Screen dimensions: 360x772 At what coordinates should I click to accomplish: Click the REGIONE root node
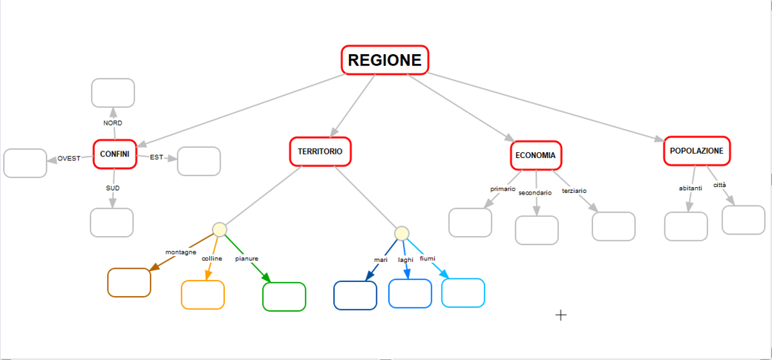pos(385,60)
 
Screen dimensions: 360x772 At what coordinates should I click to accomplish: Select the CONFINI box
pos(115,154)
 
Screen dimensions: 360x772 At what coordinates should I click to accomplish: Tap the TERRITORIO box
pos(320,151)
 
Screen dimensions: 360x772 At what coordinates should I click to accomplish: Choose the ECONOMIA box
pos(535,155)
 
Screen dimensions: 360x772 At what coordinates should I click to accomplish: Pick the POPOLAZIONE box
pos(696,151)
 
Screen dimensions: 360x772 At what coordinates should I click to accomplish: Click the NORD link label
pos(113,122)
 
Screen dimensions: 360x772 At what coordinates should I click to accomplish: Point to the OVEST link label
pos(69,158)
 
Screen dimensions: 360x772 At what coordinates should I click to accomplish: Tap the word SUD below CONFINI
pos(113,188)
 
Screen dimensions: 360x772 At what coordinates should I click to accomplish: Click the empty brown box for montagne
pos(129,282)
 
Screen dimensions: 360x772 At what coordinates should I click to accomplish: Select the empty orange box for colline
pos(203,294)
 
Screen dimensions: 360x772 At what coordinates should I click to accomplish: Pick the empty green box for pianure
pos(284,296)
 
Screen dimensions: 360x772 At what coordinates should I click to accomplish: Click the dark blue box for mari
pos(356,295)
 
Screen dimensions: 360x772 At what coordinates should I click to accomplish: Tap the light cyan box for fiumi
pos(463,292)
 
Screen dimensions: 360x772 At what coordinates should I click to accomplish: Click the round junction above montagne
pos(219,229)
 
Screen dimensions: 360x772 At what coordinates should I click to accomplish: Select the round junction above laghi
pos(402,233)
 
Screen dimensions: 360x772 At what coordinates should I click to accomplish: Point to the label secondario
pos(534,192)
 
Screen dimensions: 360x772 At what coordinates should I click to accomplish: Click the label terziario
pos(574,191)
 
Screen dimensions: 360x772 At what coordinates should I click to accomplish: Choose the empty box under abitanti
pos(686,226)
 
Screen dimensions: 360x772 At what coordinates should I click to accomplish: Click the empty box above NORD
pos(113,93)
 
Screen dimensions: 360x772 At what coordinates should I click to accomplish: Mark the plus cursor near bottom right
pos(561,315)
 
